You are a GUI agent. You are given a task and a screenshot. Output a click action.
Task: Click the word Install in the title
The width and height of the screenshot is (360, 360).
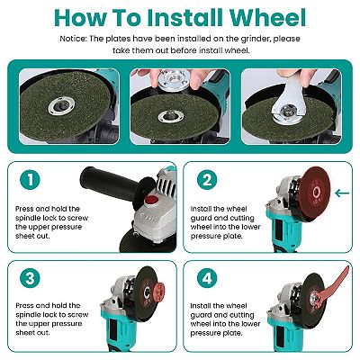click(185, 18)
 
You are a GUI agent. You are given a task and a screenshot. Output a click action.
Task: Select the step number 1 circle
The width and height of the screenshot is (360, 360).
click(30, 180)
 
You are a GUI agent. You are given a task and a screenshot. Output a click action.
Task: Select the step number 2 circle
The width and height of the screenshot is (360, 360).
click(207, 180)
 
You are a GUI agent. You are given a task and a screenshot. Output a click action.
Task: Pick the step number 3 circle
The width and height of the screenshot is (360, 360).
click(30, 278)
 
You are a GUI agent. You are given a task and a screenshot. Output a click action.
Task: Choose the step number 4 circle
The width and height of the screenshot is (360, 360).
click(207, 278)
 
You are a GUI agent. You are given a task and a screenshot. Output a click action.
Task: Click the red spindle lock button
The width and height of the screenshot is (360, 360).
click(151, 200)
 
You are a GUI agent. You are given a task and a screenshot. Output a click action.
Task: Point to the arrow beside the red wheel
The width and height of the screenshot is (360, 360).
click(342, 193)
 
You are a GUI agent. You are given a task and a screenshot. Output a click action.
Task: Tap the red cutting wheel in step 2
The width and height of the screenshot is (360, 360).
click(315, 193)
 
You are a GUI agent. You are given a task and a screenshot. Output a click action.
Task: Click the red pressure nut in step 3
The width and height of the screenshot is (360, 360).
click(158, 292)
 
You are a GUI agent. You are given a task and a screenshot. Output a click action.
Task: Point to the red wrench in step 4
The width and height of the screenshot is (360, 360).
click(333, 286)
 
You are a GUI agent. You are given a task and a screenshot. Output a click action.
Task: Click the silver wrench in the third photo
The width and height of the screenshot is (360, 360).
click(287, 98)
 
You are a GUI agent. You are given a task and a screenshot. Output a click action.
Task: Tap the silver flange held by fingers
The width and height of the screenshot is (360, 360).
click(174, 79)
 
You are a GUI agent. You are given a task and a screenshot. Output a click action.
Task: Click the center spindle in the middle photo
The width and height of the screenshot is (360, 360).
click(169, 114)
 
